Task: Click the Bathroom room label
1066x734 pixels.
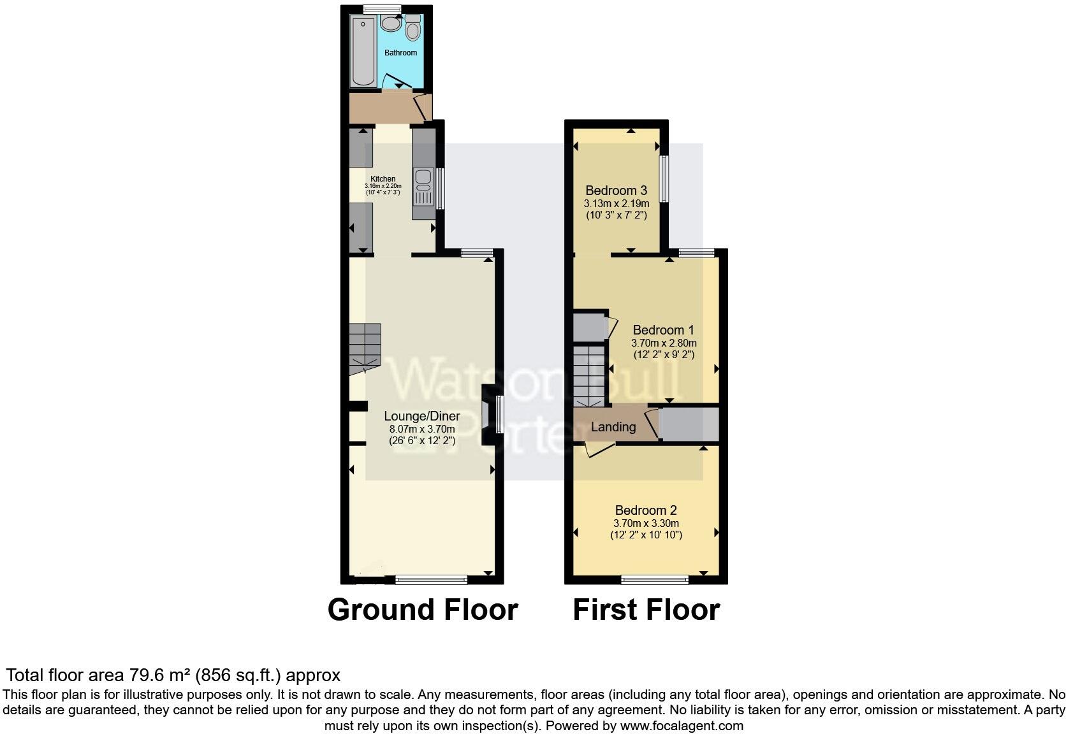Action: tap(400, 53)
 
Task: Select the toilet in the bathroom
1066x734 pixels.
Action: tap(413, 29)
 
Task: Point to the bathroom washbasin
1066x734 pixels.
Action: tap(390, 24)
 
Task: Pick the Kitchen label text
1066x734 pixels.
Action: tap(383, 179)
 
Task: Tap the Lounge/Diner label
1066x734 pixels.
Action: tap(421, 416)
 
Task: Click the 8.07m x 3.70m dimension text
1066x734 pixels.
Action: tap(421, 429)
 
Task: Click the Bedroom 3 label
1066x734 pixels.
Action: tap(616, 191)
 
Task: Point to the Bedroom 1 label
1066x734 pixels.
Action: tap(663, 330)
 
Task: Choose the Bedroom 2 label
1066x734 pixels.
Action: tap(646, 510)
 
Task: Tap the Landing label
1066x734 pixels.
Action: tap(613, 427)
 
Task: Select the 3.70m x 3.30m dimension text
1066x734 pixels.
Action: tap(646, 523)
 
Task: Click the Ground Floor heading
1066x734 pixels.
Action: tap(422, 610)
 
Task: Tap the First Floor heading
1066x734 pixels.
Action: tap(646, 610)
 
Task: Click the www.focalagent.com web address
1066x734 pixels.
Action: tap(682, 725)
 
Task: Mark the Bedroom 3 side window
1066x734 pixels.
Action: tap(663, 179)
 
